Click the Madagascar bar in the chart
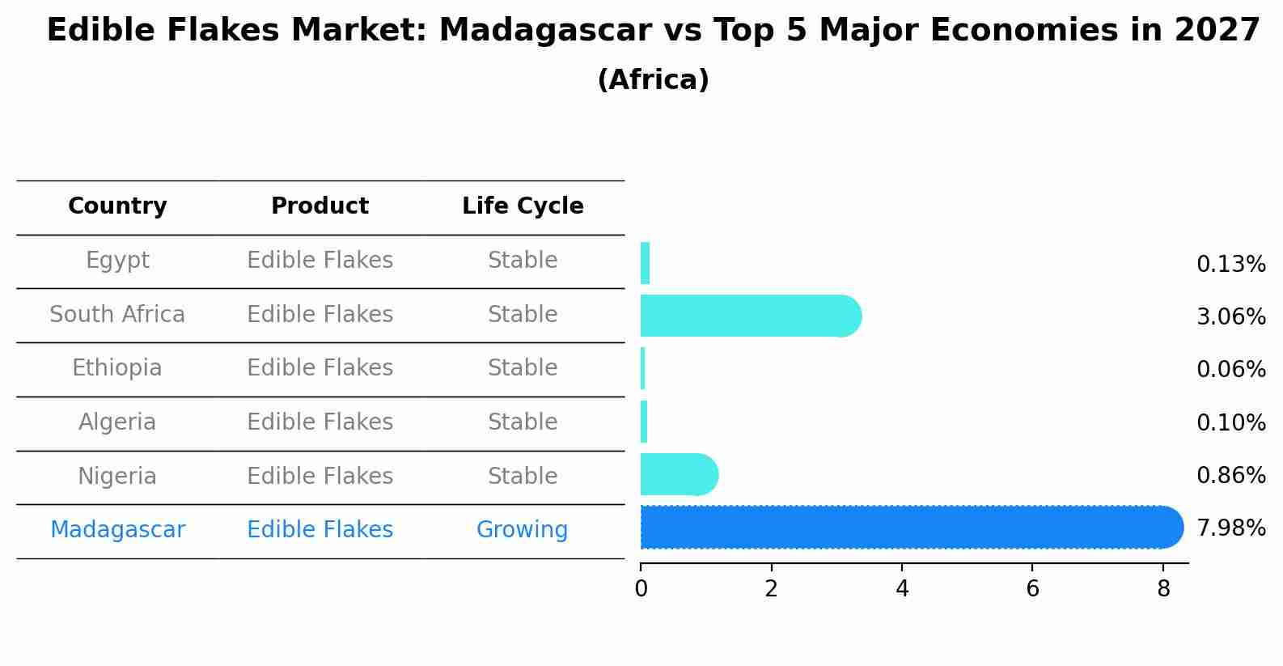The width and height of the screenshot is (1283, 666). pos(911,528)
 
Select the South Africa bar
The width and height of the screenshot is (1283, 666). pos(750,316)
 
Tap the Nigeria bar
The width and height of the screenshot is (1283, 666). pos(679,474)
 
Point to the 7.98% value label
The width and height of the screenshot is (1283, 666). pos(1230,528)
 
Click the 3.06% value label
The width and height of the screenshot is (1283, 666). pos(1230,316)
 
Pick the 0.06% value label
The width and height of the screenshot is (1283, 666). pos(1230,370)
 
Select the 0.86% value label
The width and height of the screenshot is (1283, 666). pos(1230,475)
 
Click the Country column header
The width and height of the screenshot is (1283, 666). pos(117,206)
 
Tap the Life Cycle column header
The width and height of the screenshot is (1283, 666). pos(523,206)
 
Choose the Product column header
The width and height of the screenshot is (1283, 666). pos(320,206)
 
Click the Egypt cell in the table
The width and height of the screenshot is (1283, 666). pos(117,261)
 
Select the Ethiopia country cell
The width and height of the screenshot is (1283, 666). pos(117,368)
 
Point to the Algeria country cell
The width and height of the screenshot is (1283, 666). pos(117,422)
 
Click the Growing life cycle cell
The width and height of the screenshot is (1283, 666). pos(522,530)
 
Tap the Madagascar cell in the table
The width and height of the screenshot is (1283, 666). pos(117,530)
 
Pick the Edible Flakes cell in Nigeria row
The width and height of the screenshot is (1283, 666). pos(320,476)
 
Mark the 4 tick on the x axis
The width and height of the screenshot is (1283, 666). pos(902,588)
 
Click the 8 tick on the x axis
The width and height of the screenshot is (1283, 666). pos(1163,588)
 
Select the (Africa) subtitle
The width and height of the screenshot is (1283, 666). pos(653,80)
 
